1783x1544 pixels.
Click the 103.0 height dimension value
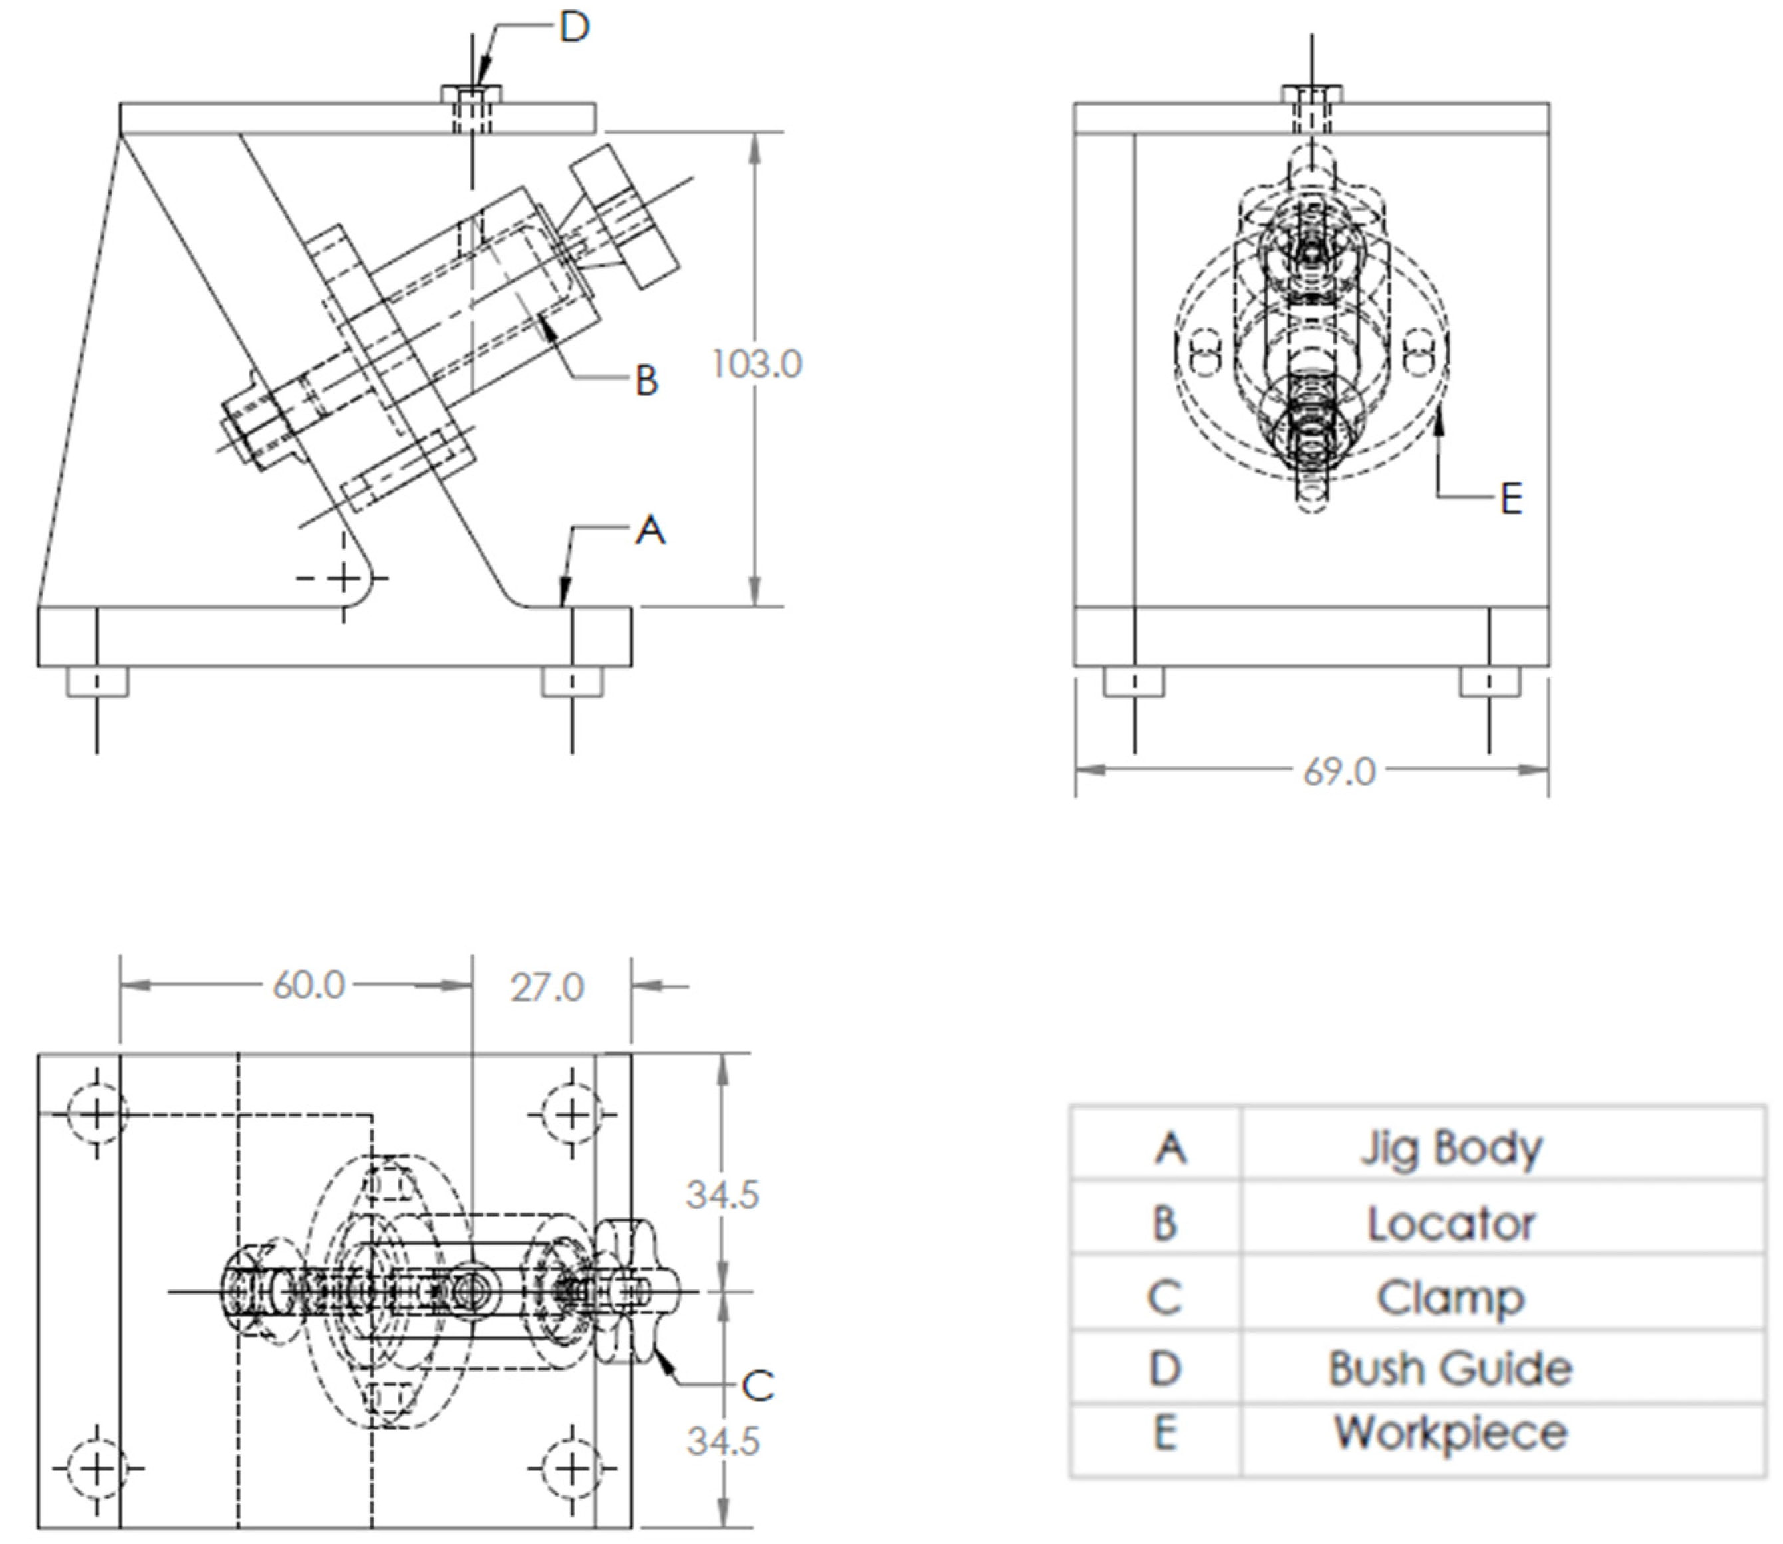tap(757, 364)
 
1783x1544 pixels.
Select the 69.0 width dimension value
tap(1339, 771)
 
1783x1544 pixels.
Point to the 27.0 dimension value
tap(547, 987)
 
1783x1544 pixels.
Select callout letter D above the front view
tap(574, 27)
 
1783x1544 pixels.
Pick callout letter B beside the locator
tap(646, 380)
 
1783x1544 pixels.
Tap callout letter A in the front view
tap(650, 530)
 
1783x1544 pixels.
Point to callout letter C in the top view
tap(757, 1386)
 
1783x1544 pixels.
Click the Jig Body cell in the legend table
tap(1450, 1149)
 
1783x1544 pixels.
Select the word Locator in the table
tap(1450, 1223)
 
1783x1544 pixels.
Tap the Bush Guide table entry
tap(1450, 1369)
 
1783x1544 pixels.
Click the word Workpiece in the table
tap(1450, 1433)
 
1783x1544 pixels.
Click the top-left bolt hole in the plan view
tap(96, 1115)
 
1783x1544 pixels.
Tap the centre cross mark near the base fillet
tap(344, 578)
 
